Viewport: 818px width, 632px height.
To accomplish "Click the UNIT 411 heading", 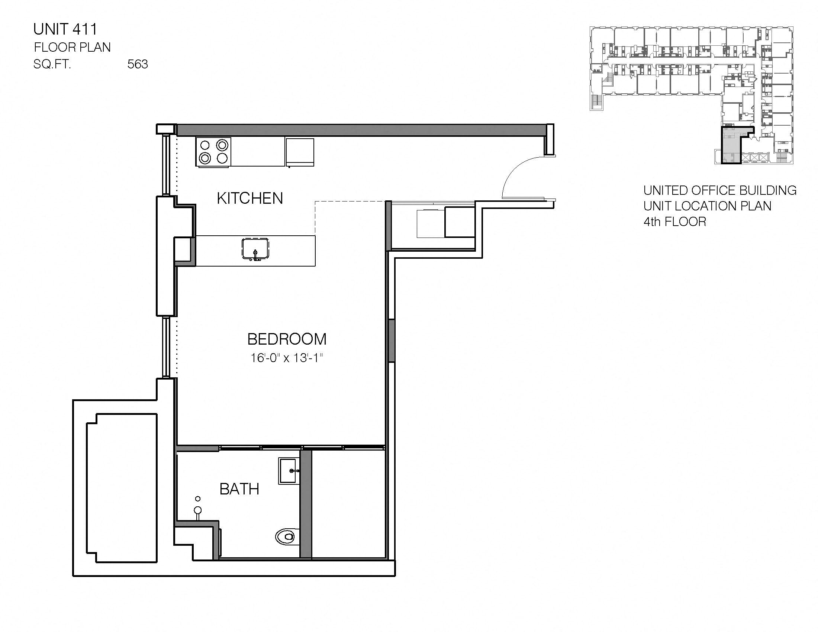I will click(x=65, y=29).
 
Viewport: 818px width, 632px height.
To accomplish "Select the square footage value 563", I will click(x=138, y=64).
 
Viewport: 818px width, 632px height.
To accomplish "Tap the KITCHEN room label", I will click(x=250, y=199).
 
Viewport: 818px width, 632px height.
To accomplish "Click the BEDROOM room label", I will click(x=287, y=339).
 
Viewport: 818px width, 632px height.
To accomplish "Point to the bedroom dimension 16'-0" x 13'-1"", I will click(x=287, y=358).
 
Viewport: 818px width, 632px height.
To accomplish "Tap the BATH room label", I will click(x=239, y=489).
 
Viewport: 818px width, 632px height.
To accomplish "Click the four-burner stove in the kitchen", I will click(x=213, y=152).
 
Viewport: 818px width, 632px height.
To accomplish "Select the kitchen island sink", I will click(x=255, y=249).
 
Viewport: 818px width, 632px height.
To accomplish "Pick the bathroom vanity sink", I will click(x=289, y=471).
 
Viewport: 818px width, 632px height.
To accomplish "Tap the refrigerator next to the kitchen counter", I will click(x=300, y=152).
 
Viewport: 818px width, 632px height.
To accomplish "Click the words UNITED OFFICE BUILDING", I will click(x=719, y=191).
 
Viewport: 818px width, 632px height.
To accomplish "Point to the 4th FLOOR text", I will click(x=674, y=222).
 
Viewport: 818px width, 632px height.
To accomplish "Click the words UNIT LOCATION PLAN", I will click(x=707, y=206).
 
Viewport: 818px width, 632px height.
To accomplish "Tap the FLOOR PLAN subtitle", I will click(x=72, y=48).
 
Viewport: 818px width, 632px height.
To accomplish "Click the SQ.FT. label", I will click(x=52, y=64).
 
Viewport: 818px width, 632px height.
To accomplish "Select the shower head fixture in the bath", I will click(x=198, y=510).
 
